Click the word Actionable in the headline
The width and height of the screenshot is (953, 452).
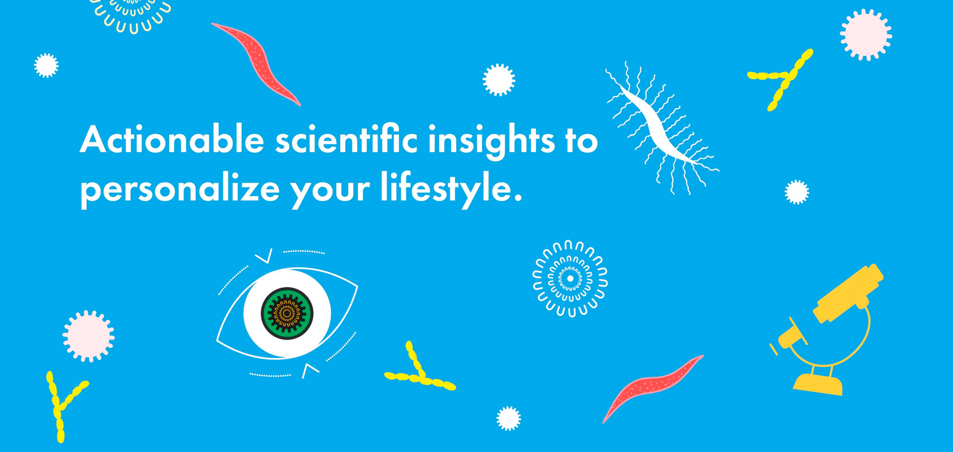coord(172,139)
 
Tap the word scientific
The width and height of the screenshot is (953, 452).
coord(346,139)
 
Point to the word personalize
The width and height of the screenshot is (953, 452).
coord(179,190)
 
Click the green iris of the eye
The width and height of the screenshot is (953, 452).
coord(287,313)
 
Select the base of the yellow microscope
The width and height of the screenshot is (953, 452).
coord(817,385)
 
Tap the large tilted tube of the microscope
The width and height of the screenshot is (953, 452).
coord(848,293)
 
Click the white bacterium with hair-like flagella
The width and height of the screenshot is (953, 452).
coord(662,128)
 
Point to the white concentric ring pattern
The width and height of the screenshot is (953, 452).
coord(570,279)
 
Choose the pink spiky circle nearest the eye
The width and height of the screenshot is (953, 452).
coord(89,336)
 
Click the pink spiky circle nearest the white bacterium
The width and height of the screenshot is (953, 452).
coord(866,34)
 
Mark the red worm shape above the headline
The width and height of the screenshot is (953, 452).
coord(256,63)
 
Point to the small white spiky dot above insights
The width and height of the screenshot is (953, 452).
coord(499,80)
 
